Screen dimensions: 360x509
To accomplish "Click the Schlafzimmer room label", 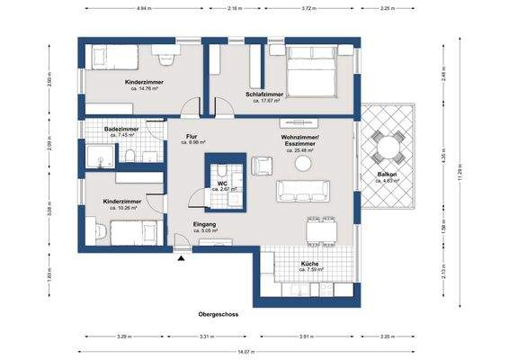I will [263, 94].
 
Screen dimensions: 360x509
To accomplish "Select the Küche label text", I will [310, 264].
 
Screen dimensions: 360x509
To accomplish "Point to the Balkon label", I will [387, 175].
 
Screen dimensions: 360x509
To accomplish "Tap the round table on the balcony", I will [388, 147].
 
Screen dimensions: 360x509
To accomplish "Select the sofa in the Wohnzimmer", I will [304, 190].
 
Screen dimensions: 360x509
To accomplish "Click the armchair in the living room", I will [263, 166].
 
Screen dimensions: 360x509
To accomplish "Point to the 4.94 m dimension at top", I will [143, 8].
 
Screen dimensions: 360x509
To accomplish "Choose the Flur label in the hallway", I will [192, 136].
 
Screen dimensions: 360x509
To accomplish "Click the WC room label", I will [221, 184].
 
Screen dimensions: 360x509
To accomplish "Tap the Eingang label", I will [205, 224].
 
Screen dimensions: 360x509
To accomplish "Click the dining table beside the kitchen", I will [321, 231].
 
